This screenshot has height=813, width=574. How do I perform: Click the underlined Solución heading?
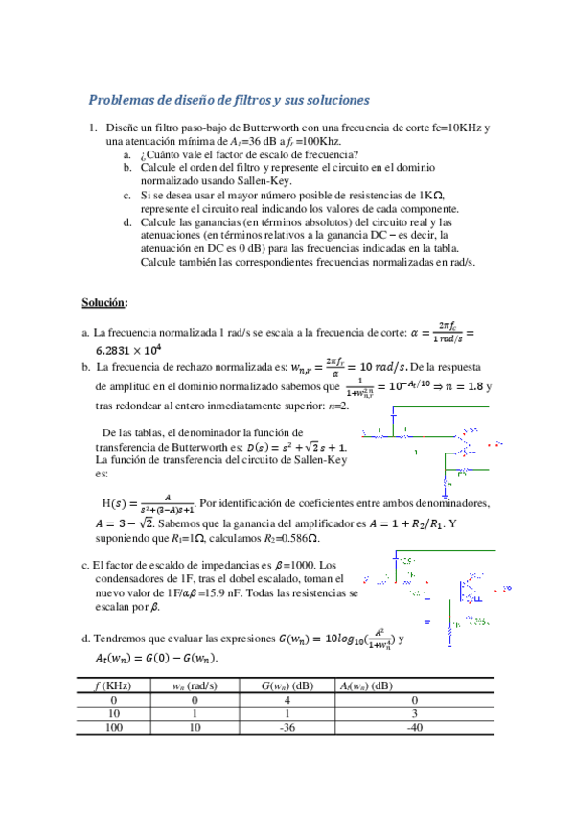pyautogui.click(x=103, y=302)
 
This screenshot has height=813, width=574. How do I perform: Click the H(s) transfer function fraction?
pyautogui.click(x=166, y=502)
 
